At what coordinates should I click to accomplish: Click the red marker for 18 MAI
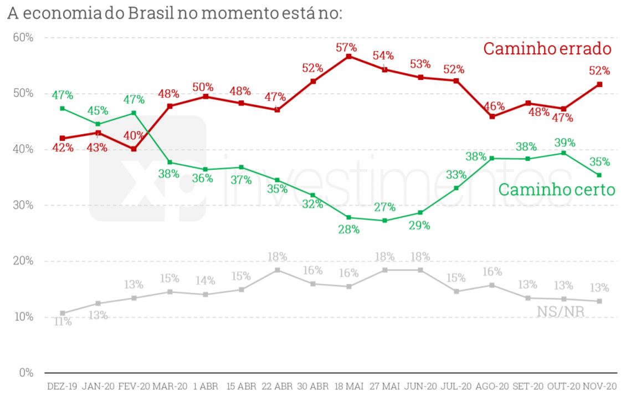coord(348,57)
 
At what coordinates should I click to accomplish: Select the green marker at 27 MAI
coord(384,220)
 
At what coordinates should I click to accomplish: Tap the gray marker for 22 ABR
coord(277,270)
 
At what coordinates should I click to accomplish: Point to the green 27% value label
coord(384,207)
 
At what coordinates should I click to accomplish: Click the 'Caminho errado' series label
coord(547,49)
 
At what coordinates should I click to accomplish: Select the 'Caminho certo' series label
coord(556,190)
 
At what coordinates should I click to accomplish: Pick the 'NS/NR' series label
coord(560,311)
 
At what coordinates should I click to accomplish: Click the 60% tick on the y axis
coord(23,38)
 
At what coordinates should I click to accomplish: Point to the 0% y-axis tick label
coord(26,373)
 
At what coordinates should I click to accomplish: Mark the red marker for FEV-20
coord(134,149)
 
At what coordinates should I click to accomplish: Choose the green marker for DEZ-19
coord(62,108)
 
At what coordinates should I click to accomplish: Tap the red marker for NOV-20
coord(599,84)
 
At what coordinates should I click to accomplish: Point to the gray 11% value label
coord(62,321)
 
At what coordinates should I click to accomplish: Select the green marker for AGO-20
coord(491,159)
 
